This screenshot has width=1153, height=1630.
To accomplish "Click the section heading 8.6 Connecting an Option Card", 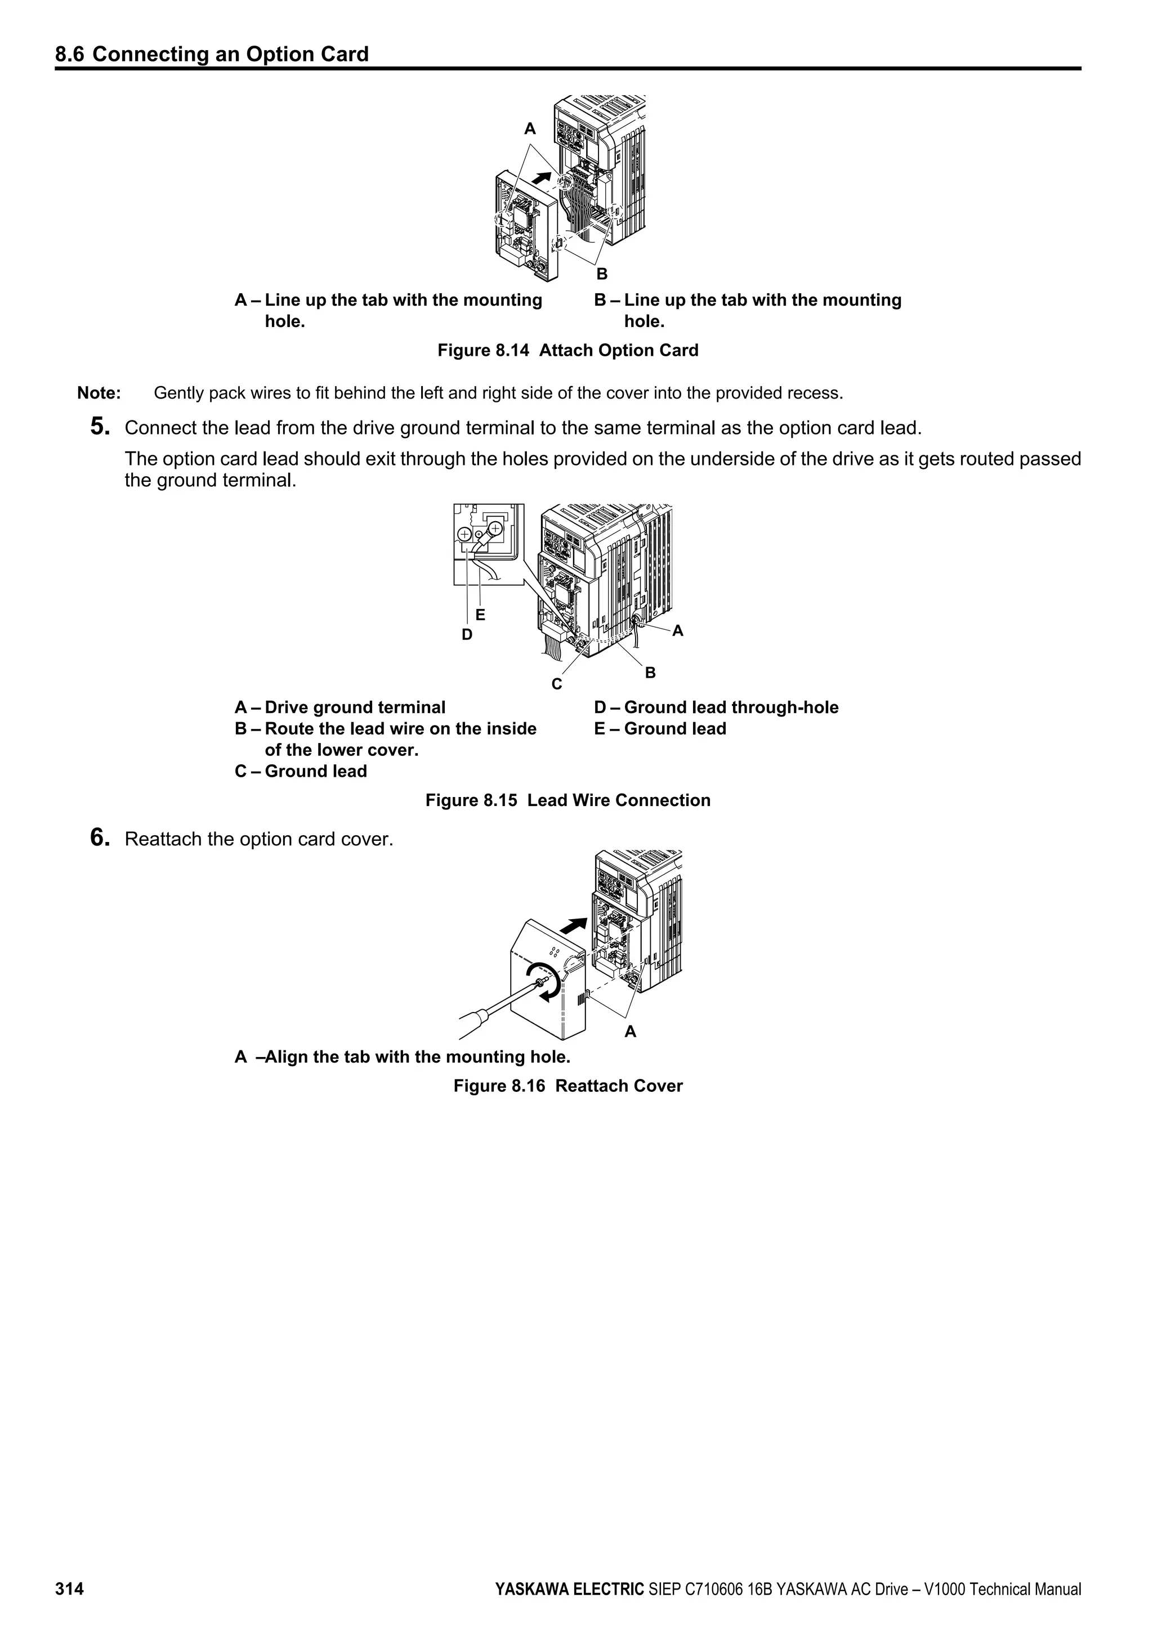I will [212, 55].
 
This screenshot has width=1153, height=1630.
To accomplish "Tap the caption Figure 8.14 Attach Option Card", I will [567, 350].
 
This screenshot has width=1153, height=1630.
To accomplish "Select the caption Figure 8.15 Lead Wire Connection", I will [567, 800].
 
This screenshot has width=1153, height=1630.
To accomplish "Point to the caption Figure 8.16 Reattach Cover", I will [567, 1086].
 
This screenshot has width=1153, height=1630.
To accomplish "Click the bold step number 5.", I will [100, 427].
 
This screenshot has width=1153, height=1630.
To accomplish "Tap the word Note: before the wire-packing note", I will [99, 393].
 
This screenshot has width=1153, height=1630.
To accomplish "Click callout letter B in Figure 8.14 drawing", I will [601, 274].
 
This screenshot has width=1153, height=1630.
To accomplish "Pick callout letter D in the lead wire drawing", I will [467, 635].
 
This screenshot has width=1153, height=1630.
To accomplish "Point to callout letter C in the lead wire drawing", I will [557, 684].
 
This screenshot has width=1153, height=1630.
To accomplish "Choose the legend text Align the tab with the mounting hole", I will [418, 1056].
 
